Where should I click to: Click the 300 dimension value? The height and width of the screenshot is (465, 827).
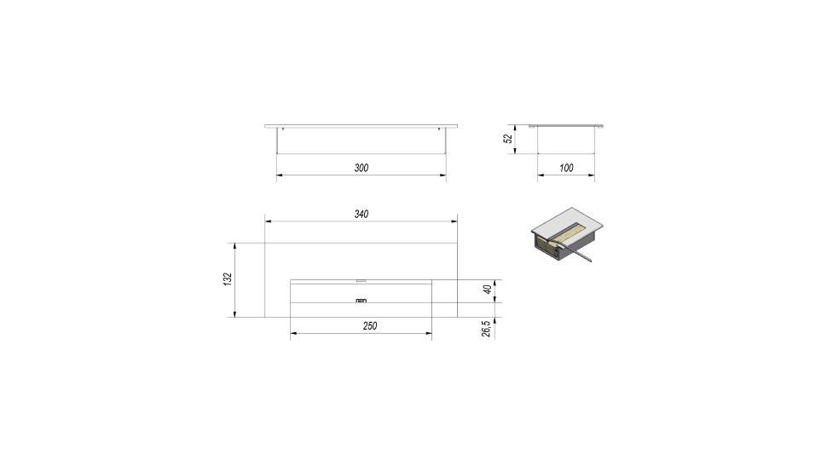click(x=361, y=168)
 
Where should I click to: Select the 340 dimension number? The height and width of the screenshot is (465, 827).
click(x=361, y=215)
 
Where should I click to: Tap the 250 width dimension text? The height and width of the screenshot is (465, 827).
click(x=370, y=326)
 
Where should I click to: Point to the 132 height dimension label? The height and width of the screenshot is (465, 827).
click(x=228, y=279)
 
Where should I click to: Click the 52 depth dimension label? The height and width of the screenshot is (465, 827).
click(x=508, y=139)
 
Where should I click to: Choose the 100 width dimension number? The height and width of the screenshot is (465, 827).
click(x=566, y=168)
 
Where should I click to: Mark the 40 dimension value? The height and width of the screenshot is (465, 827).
click(x=488, y=289)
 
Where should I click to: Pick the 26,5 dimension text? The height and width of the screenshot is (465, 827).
click(x=486, y=328)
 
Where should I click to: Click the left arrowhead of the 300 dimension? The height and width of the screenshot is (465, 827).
click(x=280, y=175)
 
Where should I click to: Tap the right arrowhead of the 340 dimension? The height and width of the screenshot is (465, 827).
click(x=454, y=221)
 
